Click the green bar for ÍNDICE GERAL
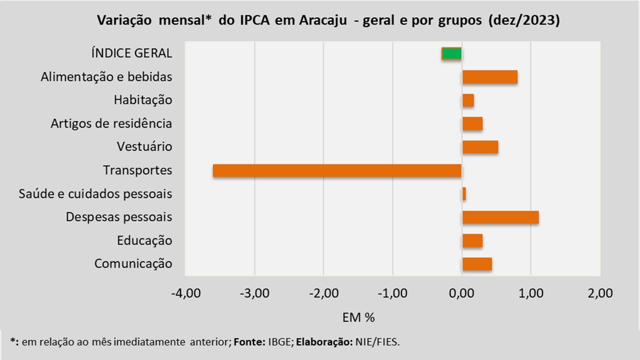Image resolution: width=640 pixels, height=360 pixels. (x=452, y=53)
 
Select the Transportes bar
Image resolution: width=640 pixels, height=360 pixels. (x=337, y=170)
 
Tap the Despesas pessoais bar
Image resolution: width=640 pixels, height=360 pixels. (x=500, y=217)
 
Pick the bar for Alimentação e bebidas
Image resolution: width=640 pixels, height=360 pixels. (x=490, y=77)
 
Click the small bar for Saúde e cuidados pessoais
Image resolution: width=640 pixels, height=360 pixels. (x=464, y=193)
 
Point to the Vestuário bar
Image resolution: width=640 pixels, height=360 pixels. (x=480, y=147)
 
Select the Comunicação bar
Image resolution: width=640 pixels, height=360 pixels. (x=477, y=263)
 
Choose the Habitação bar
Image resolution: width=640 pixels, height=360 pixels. (x=468, y=100)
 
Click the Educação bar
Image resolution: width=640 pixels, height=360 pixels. (x=472, y=240)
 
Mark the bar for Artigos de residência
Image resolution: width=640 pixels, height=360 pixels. (x=472, y=123)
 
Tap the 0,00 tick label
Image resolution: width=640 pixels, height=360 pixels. (x=462, y=293)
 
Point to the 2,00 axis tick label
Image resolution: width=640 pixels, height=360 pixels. (x=600, y=293)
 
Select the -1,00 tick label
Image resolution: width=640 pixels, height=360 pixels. (x=392, y=293)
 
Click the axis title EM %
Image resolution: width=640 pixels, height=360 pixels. (x=358, y=317)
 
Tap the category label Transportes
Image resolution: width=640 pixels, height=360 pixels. (x=137, y=170)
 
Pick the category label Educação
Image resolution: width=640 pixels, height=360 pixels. (x=144, y=240)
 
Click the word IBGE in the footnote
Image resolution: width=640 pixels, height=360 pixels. (x=278, y=342)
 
